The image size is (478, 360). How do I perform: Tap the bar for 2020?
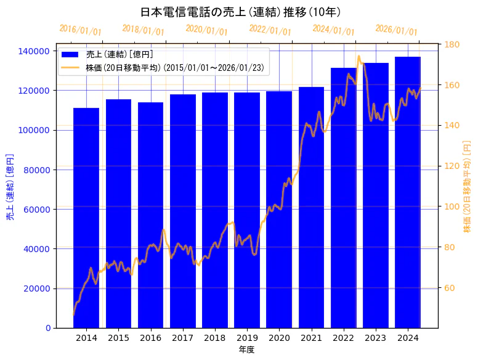[279, 210]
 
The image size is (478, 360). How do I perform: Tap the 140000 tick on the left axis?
[38, 51]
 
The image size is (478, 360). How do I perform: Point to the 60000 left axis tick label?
[40, 209]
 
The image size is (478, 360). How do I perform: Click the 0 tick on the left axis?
[48, 328]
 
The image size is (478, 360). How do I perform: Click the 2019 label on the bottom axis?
[247, 338]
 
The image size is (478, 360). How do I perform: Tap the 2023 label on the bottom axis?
[376, 338]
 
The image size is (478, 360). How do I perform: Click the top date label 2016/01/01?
[81, 30]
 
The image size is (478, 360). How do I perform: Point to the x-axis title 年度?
[246, 350]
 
